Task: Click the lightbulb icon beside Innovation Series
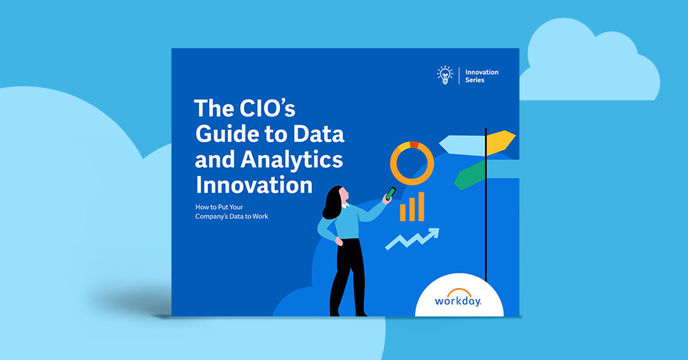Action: tap(444, 76)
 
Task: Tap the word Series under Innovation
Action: tap(475, 80)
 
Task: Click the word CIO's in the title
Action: tap(270, 109)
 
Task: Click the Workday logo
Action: tap(458, 300)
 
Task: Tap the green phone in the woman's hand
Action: tap(391, 193)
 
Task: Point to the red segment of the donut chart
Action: tap(413, 144)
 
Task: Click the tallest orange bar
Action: tap(421, 206)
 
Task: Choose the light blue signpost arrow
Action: tap(462, 144)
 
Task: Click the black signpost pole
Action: tap(486, 218)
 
